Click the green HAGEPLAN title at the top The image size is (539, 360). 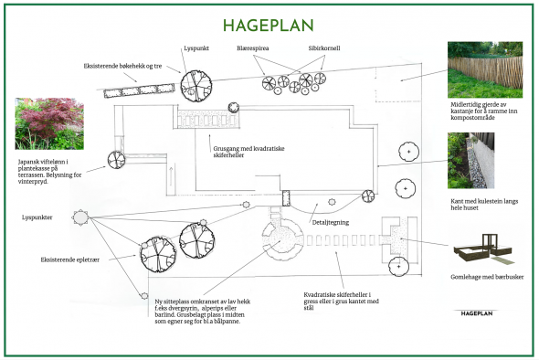coord(269,26)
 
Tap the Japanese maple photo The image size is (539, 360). coord(49,123)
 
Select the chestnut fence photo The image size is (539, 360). coord(485,69)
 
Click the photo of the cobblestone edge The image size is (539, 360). coord(470,161)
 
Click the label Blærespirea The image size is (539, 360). coord(253,48)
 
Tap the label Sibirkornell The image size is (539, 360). coord(324,48)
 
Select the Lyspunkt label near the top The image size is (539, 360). coord(196,48)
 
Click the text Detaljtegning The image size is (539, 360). coord(331,222)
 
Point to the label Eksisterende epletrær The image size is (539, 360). coord(70,259)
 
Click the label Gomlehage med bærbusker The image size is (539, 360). coord(487,277)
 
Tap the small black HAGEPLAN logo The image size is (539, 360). coord(477,313)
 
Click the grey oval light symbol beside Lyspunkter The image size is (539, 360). coord(80,217)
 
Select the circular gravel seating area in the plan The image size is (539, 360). coord(282,238)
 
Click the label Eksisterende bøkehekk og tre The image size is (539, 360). coord(122,66)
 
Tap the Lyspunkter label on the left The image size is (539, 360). coord(37,217)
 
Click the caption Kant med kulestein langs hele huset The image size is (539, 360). coord(484,205)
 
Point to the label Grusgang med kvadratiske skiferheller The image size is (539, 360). coord(248,152)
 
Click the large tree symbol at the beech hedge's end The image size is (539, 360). coord(196,86)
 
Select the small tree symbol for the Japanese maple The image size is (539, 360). coord(116,160)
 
